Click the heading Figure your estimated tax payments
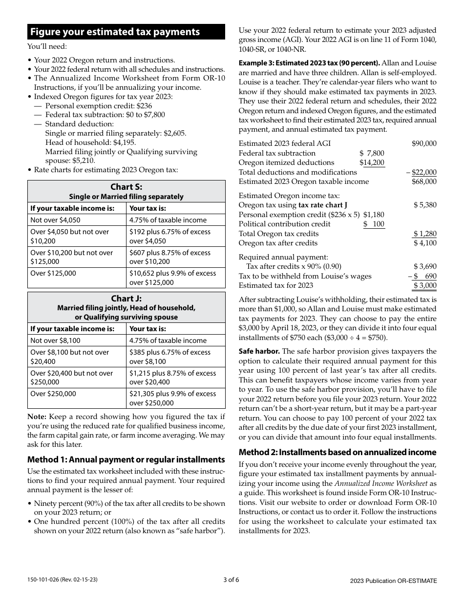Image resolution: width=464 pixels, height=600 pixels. (x=115, y=32)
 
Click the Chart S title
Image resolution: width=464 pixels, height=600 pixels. (x=126, y=187)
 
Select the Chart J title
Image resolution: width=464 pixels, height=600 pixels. (x=126, y=299)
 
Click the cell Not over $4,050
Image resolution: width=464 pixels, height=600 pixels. (x=55, y=220)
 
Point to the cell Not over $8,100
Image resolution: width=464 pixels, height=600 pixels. (x=55, y=340)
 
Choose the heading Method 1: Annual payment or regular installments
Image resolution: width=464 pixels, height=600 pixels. (x=126, y=460)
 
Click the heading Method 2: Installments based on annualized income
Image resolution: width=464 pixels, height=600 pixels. (x=337, y=452)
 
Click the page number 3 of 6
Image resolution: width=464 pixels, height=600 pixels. (x=232, y=580)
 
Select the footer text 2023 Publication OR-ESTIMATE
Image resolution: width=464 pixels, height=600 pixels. (x=393, y=580)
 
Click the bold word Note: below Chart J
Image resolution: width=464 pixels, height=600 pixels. (x=37, y=417)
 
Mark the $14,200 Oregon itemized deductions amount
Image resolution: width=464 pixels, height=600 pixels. (x=372, y=162)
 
